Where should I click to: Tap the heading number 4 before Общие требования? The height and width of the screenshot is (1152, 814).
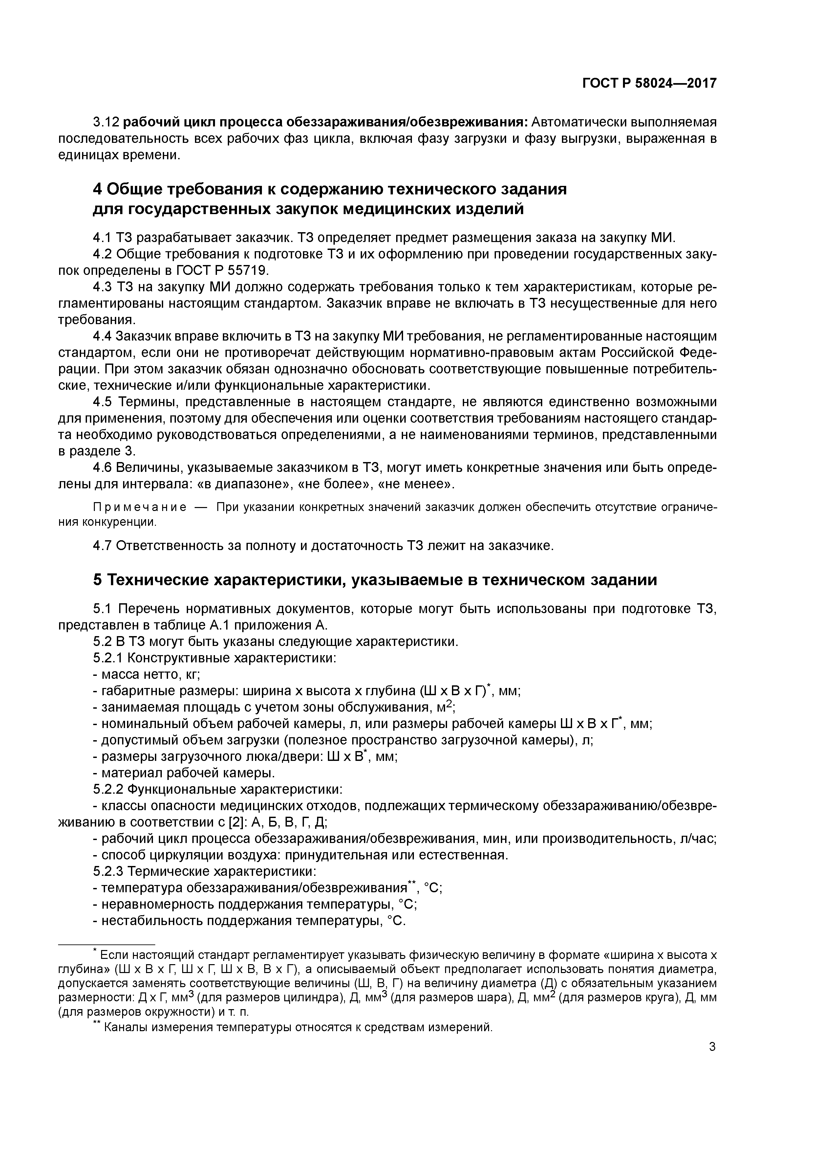point(98,189)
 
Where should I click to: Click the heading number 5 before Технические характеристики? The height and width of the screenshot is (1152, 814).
point(98,580)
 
